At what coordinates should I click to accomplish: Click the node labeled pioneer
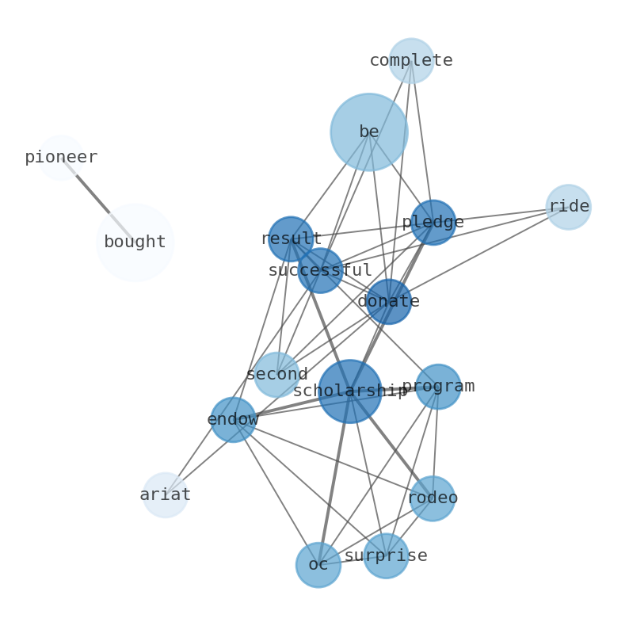61,158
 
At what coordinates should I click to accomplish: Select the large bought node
135,242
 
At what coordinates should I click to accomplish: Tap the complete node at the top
411,61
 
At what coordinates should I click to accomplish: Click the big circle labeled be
369,132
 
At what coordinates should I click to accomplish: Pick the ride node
568,207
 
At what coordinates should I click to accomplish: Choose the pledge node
433,223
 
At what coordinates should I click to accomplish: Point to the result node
291,239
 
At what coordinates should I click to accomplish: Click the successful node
320,271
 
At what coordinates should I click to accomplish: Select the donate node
388,302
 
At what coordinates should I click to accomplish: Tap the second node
276,375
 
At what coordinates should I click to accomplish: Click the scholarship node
350,391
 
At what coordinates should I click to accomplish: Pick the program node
438,387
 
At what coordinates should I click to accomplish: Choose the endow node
233,420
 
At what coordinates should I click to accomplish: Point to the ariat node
165,495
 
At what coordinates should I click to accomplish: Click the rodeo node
433,498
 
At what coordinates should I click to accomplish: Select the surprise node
386,556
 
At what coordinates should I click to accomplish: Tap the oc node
318,565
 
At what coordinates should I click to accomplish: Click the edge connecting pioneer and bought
93,194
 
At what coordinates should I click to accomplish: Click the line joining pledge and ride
501,215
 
